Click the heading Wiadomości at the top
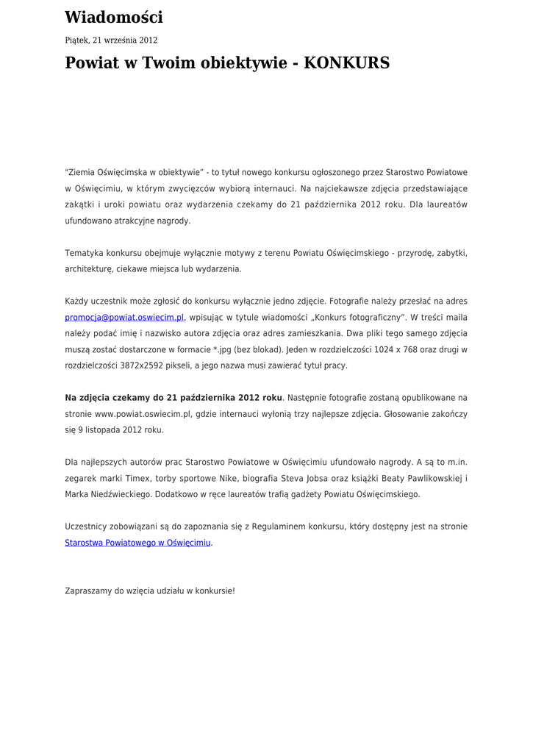pos(114,18)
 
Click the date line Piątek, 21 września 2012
pos(111,40)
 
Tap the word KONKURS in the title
pos(346,63)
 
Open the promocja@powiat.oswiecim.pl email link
pos(124,318)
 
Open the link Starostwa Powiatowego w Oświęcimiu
pos(137,543)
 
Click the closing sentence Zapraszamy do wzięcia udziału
pos(150,590)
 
